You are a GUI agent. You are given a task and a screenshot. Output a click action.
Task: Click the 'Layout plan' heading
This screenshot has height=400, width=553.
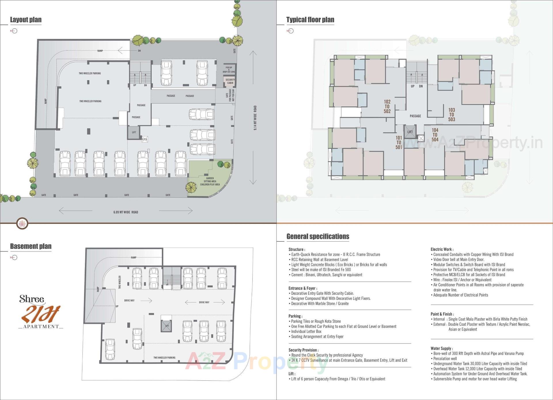tap(26, 20)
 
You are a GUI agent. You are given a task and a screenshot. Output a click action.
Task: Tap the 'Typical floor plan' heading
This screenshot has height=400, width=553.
tap(310, 20)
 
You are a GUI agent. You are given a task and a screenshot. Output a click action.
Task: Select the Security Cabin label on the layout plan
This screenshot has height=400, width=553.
tap(230, 81)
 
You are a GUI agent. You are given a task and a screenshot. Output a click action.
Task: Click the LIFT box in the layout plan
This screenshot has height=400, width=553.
tap(134, 132)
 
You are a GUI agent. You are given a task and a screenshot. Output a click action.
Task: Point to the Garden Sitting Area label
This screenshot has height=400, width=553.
tap(210, 181)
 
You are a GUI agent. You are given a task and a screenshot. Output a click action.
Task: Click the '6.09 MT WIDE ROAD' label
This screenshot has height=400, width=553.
tap(126, 212)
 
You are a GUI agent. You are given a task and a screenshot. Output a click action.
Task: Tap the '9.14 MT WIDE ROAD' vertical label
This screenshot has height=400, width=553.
tap(255, 118)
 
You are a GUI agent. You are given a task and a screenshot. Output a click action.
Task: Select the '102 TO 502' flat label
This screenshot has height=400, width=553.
tap(387, 106)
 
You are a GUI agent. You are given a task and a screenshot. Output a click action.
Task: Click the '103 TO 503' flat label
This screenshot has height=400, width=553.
tap(451, 114)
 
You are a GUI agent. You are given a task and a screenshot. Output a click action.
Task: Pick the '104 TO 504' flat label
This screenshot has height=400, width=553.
tap(435, 135)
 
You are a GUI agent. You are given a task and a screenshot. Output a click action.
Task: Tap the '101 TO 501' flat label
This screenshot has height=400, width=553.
tap(399, 142)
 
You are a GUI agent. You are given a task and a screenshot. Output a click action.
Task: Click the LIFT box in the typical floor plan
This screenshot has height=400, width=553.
tap(410, 132)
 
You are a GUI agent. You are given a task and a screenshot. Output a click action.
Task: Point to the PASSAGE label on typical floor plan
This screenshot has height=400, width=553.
tap(415, 116)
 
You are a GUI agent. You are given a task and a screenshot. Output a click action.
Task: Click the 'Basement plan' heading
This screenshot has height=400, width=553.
tap(31, 246)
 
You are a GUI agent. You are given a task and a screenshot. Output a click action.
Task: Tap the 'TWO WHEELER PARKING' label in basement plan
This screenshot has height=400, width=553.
tap(164, 358)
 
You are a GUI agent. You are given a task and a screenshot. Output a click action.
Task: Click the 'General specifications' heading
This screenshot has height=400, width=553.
tap(318, 236)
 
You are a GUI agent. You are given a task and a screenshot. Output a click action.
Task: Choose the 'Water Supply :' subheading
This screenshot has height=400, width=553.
tap(442, 348)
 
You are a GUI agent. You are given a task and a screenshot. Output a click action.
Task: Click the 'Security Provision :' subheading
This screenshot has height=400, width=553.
tap(303, 350)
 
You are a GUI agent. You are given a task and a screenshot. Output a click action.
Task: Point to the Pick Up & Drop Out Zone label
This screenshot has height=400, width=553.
tap(229, 70)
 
